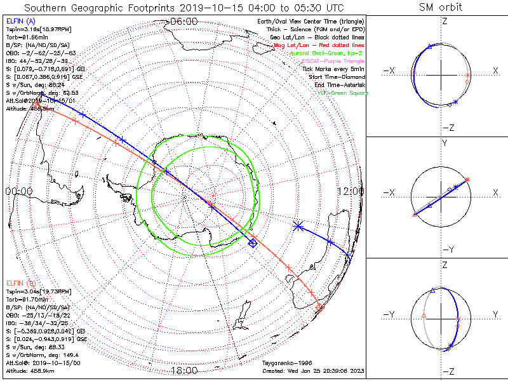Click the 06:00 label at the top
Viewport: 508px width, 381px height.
(184, 21)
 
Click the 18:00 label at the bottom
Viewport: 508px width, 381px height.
(185, 370)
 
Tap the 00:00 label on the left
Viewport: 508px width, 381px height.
(18, 191)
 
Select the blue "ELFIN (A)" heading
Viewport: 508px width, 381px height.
(21, 21)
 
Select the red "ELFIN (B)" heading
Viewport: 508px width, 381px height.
(21, 283)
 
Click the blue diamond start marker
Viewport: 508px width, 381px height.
(253, 243)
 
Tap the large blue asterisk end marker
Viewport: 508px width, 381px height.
(298, 225)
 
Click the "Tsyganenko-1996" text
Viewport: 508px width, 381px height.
(286, 363)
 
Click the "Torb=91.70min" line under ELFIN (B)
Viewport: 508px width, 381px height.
(28, 298)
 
